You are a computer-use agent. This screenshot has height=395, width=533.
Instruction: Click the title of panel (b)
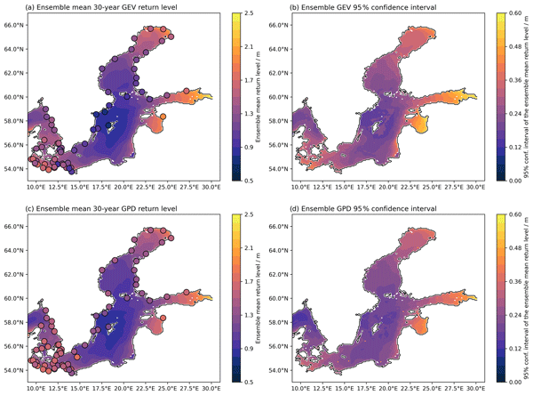pyautogui.click(x=360, y=7)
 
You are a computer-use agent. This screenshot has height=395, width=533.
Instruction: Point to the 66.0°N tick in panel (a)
pyautogui.click(x=14, y=25)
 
